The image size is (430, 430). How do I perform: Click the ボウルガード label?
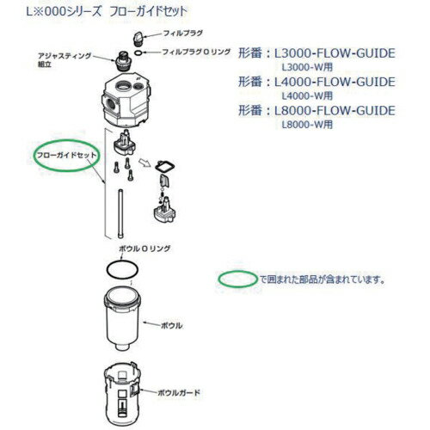point(179,391)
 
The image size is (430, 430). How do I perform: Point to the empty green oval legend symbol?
point(236,279)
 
